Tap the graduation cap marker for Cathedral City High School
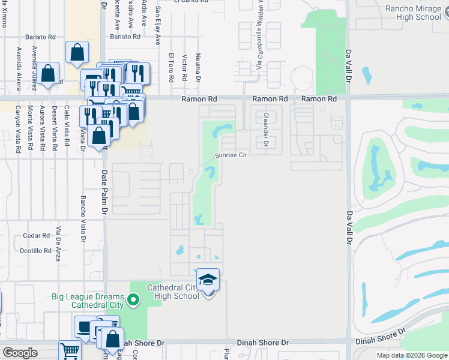click(x=208, y=280)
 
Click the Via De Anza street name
click(x=59, y=239)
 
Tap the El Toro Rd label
click(x=171, y=68)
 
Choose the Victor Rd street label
click(x=185, y=68)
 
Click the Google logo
click(x=20, y=353)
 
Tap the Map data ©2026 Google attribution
click(x=411, y=355)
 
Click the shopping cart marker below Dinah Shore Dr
click(x=70, y=351)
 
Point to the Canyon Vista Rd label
click(x=18, y=128)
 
